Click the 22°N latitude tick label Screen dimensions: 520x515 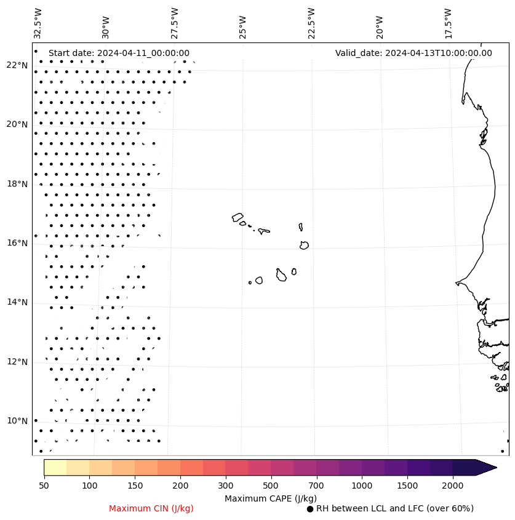point(17,65)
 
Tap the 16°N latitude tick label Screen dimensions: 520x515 point(17,243)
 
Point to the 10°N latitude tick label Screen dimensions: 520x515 point(17,421)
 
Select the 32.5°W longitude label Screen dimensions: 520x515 point(38,23)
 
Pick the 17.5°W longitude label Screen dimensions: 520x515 point(448,23)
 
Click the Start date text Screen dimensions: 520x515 point(119,53)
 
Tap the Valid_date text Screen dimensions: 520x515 point(413,53)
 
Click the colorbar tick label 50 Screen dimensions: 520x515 point(44,486)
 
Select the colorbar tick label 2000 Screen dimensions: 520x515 point(453,486)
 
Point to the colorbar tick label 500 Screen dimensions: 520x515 point(271,486)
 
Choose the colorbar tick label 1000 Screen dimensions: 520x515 point(362,486)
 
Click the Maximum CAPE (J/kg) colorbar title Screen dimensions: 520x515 point(270,498)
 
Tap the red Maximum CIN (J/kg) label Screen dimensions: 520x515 point(151,508)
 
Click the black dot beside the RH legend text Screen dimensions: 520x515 point(310,509)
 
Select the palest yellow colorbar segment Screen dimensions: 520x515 point(55,467)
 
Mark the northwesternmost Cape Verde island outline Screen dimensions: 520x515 point(238,217)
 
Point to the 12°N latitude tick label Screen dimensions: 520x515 point(17,362)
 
